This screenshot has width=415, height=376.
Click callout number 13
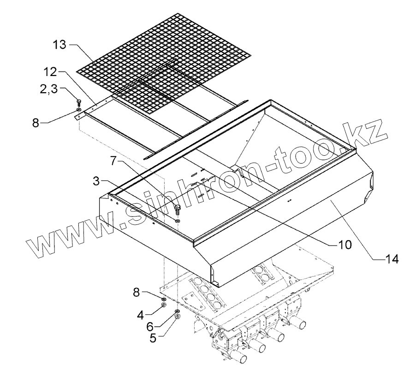coord(60,45)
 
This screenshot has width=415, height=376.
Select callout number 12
coord(51,73)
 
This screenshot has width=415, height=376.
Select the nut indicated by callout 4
coord(164,305)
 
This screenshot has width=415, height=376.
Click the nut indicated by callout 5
coord(178,317)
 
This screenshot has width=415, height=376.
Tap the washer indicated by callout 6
coord(177,312)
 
